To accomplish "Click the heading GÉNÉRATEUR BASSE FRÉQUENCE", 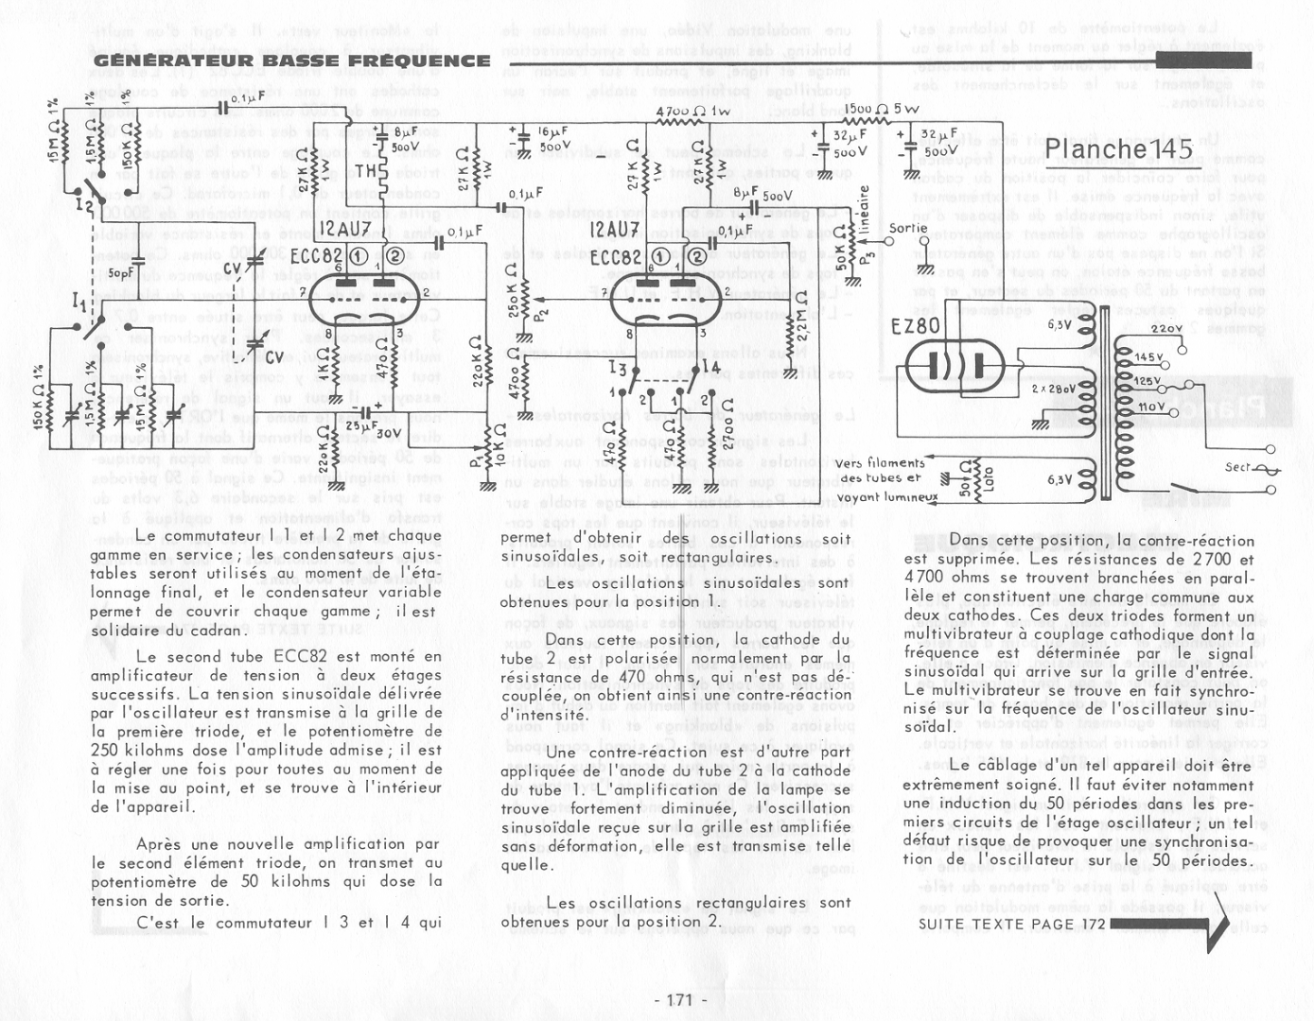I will pyautogui.click(x=291, y=61).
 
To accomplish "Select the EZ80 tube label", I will pyautogui.click(x=915, y=325).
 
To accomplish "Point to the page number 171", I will pyautogui.click(x=680, y=1000).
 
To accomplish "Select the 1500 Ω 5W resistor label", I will pyautogui.click(x=880, y=110).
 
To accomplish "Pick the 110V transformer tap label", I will pyautogui.click(x=1150, y=406).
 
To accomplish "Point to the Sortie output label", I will pyautogui.click(x=908, y=228).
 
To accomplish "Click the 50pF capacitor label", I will pyautogui.click(x=121, y=273).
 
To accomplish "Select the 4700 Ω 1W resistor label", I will pyautogui.click(x=692, y=112).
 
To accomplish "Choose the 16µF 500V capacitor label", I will pyautogui.click(x=554, y=139).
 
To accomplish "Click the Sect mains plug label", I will pyautogui.click(x=1237, y=467).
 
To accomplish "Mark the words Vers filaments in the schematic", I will pyautogui.click(x=880, y=463).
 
